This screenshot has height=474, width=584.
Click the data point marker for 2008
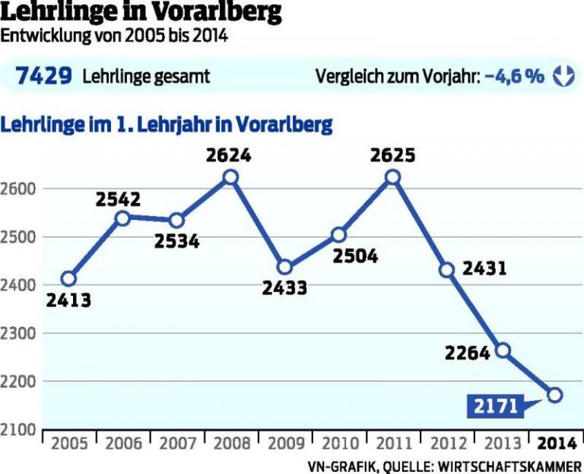pos(231,177)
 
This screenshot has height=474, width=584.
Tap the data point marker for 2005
pos(69,278)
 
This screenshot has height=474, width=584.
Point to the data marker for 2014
pos(555,395)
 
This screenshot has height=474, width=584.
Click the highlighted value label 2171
pos(494,406)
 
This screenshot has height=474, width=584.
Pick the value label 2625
pos(392,156)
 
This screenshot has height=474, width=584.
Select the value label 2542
pos(119,199)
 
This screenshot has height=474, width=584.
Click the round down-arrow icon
pos(563,75)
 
